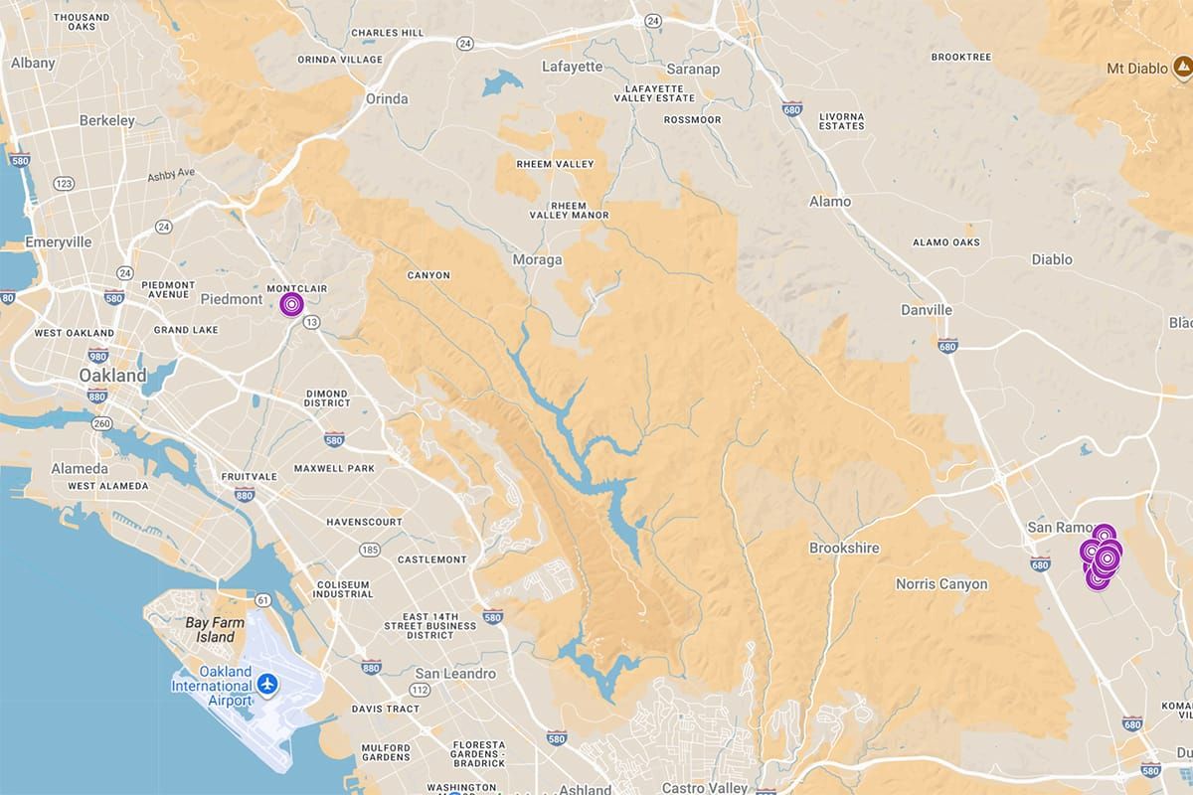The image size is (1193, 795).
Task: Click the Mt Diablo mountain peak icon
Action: pos(1182,68)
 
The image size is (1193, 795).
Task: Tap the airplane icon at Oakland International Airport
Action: pos(266,684)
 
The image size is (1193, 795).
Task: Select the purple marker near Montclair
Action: pos(291,303)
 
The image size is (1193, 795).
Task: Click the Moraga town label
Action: pos(537,259)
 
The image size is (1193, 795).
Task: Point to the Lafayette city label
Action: pos(573,67)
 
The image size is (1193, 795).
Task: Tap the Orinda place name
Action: pos(387,98)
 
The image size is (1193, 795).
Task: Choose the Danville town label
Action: pos(927,310)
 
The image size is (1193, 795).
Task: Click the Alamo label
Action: pos(830,201)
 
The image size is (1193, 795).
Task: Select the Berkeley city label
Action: pos(107,120)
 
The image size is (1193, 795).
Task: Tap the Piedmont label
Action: pos(231,299)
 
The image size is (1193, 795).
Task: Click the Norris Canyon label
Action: pos(941,583)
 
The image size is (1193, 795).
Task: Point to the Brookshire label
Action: pos(844,548)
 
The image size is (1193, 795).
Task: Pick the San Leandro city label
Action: pos(455,674)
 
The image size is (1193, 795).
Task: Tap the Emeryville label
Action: pos(60,241)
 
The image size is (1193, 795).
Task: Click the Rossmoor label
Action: pos(692,120)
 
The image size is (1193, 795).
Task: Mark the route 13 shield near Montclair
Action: pos(312,322)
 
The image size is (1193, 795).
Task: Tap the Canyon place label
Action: pos(428,275)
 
